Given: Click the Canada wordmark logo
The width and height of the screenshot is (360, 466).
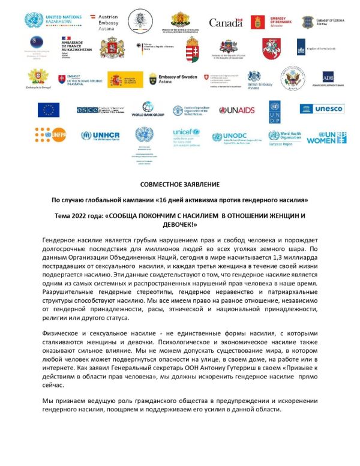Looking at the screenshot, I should coord(226,23).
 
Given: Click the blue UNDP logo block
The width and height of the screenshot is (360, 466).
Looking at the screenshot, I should coord(275,110).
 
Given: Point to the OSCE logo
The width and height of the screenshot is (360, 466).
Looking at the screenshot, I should coord(100,110).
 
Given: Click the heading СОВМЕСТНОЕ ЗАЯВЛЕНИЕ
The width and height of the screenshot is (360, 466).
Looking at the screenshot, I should coord(179,184).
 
